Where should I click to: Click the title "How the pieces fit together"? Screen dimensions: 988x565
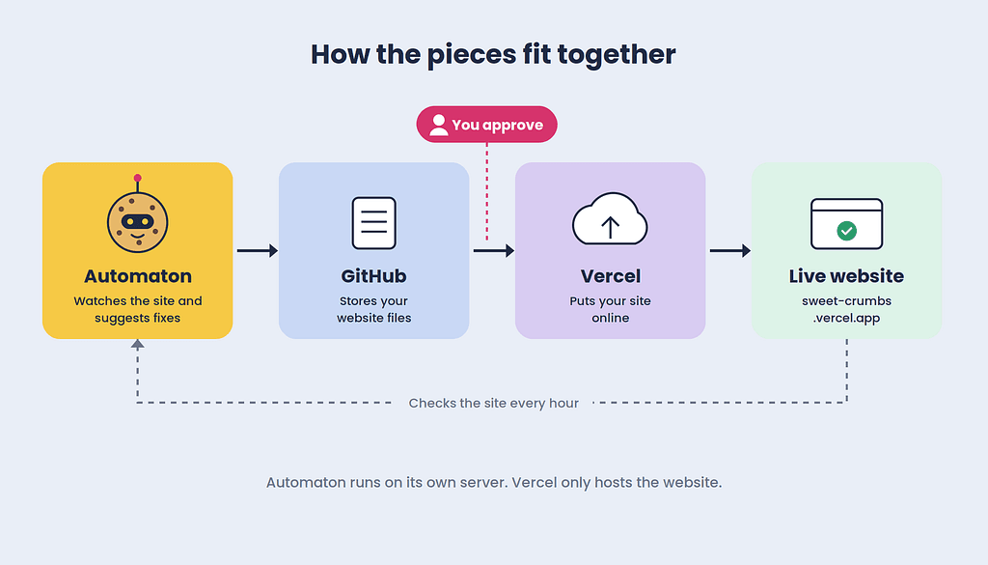493,55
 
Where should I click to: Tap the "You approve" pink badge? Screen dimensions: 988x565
486,125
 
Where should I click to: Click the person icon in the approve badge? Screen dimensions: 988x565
439,125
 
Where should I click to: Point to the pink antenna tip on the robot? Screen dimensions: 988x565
137,178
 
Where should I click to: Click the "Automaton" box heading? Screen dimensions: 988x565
137,276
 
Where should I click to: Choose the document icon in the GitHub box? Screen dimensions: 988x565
373,223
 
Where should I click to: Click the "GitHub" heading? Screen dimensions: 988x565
373,276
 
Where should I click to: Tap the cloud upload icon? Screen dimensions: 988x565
610,219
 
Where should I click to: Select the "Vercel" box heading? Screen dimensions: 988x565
610,276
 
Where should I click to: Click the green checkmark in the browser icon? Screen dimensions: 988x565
846,231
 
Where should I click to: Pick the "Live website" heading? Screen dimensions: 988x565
846,276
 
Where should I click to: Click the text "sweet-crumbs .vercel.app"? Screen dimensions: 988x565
846,310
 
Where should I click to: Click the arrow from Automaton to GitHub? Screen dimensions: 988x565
257,251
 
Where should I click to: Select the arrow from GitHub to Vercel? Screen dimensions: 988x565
493,251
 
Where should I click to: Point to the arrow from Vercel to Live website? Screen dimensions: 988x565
729,251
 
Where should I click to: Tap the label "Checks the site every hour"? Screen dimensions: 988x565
493,403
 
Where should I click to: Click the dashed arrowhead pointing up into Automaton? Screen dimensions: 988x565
137,344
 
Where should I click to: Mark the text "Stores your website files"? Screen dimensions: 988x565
373,310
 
